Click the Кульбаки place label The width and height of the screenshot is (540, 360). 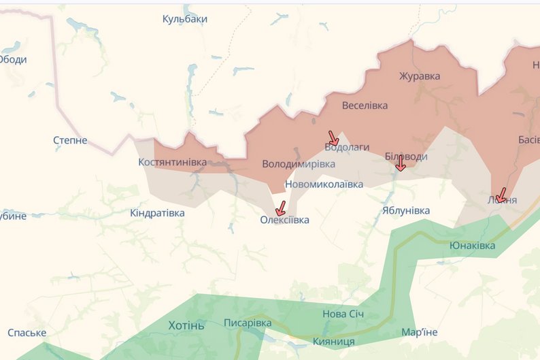[184, 19]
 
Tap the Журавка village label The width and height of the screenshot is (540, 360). [420, 76]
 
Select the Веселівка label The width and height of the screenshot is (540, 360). [365, 105]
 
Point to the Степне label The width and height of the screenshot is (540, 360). [70, 140]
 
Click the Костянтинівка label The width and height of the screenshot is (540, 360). [172, 162]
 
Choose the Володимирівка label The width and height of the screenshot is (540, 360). [299, 165]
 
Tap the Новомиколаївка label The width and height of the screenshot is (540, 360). [324, 184]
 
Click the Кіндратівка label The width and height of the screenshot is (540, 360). [157, 213]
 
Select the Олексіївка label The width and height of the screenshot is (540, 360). [284, 220]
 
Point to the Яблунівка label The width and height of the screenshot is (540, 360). [405, 211]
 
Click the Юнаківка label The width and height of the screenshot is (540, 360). [472, 245]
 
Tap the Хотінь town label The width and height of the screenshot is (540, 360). [186, 325]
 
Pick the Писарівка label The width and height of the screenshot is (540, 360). [248, 323]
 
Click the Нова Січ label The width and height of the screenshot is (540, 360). [343, 314]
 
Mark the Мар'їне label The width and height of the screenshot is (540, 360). [419, 332]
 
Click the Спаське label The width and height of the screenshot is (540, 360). [27, 333]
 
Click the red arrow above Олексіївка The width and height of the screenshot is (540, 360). [280, 208]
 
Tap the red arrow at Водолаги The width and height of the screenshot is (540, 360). [333, 138]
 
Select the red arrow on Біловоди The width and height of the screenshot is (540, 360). [401, 163]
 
